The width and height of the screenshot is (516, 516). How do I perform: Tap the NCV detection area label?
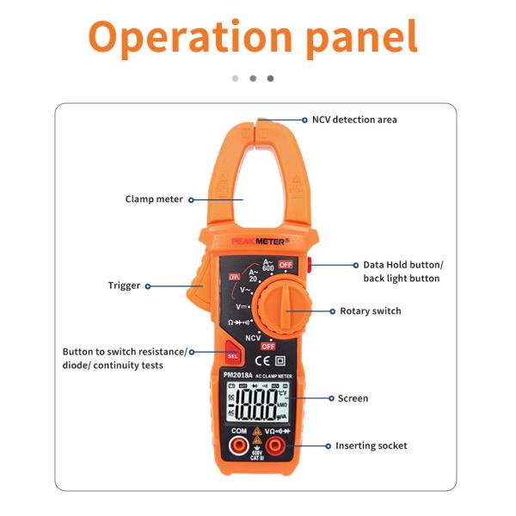pyautogui.click(x=354, y=120)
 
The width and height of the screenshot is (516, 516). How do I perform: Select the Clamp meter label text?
pyautogui.click(x=154, y=200)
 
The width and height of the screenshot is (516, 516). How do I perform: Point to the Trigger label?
pyautogui.click(x=124, y=286)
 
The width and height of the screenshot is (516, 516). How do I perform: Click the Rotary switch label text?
pyautogui.click(x=370, y=311)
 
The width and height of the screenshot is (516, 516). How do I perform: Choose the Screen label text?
pyautogui.click(x=353, y=398)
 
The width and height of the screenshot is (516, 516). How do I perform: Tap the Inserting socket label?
pyautogui.click(x=371, y=445)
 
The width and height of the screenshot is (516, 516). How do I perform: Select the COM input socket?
pyautogui.click(x=239, y=445)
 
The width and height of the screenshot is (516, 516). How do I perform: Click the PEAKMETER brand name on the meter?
pyautogui.click(x=254, y=243)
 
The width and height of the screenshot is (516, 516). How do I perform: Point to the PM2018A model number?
pyautogui.click(x=237, y=375)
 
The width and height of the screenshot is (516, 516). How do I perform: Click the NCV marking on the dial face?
pyautogui.click(x=253, y=337)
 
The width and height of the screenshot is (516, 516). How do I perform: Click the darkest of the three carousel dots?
pyautogui.click(x=270, y=78)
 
